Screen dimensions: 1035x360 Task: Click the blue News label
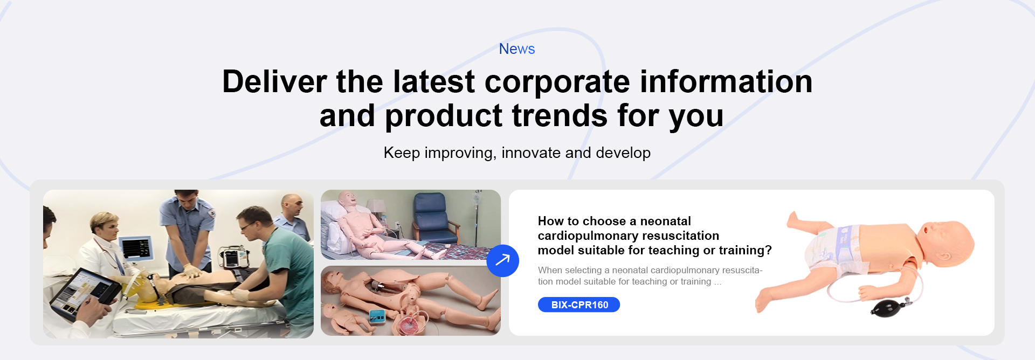coord(517,49)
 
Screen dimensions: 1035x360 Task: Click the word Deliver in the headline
coord(274,82)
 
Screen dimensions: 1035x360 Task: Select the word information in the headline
coord(726,82)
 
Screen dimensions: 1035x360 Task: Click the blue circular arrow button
coord(502,261)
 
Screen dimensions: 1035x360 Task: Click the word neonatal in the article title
coord(665,221)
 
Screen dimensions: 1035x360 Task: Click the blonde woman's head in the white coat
coord(105,226)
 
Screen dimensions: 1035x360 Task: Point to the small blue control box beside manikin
coord(377,316)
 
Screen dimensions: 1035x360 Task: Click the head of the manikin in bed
coord(348,198)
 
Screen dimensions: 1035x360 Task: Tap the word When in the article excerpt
coord(550,271)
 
